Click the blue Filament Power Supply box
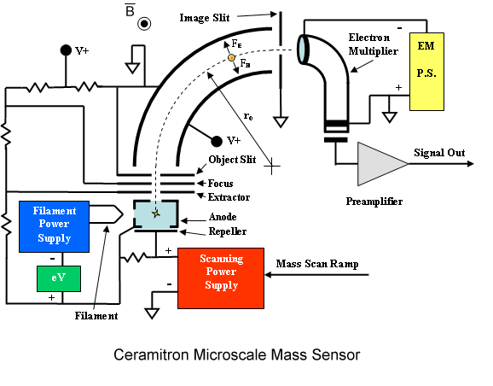[54, 226]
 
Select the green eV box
[59, 278]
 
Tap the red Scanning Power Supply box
[221, 278]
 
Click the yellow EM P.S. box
[426, 72]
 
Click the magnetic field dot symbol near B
[144, 24]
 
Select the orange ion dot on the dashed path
[231, 57]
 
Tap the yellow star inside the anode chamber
[156, 213]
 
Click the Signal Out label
[439, 153]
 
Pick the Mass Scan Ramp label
[317, 264]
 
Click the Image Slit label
[205, 18]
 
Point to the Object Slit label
[232, 160]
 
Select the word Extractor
[229, 197]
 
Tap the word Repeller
[228, 231]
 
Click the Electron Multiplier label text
[373, 44]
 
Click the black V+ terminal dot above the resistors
[66, 50]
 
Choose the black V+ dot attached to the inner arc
[217, 142]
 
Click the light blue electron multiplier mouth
[303, 50]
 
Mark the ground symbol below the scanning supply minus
[152, 313]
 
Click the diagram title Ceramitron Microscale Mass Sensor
[237, 355]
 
